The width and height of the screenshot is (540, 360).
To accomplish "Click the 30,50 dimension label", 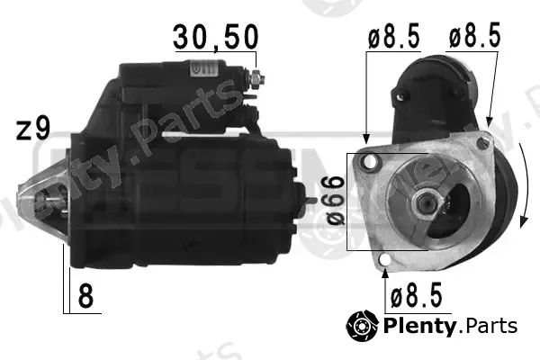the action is [216, 37].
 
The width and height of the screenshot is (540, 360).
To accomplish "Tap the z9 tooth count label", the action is [33, 130].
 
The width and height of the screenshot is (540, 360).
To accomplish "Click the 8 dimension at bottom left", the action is [85, 296].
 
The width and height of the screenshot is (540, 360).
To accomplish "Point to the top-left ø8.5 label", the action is [394, 35].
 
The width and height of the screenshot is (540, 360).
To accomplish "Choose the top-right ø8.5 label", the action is [474, 35].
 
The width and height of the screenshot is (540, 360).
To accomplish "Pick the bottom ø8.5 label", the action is [416, 295].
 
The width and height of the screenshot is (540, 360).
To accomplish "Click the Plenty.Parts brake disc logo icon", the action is [363, 326].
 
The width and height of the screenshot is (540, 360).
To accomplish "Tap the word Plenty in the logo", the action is [419, 326].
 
